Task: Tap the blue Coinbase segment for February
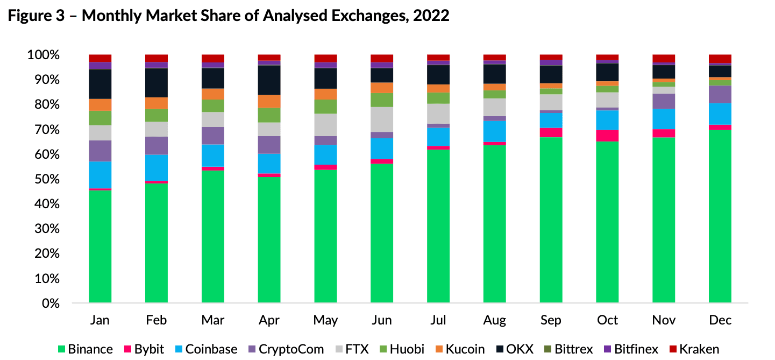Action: coord(157,167)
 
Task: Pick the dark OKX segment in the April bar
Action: coord(269,80)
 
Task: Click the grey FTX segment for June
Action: coord(382,119)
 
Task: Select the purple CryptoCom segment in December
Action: coord(720,94)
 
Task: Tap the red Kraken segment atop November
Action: coord(664,58)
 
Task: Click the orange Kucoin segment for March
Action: coord(213,94)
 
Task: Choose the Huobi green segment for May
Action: coord(325,107)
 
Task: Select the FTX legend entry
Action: coord(350,349)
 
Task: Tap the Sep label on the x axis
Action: coord(551,320)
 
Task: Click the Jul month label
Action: coord(438,320)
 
